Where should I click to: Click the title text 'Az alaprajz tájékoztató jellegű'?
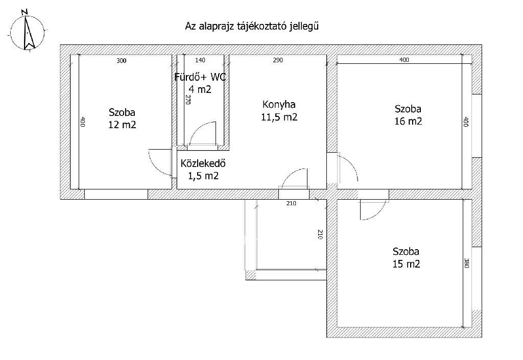pos(252,27)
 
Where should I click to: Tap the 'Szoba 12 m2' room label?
pos(122,118)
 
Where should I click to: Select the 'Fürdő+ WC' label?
pos(200,77)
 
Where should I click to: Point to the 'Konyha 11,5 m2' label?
pos(279,111)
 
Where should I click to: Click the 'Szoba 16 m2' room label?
pos(408,115)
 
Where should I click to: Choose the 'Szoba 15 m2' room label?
pos(406,258)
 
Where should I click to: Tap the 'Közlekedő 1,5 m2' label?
pos(203,170)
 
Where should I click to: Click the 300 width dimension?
pos(122,61)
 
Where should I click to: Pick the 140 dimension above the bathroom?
pos(200,60)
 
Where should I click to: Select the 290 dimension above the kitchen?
pos(278,60)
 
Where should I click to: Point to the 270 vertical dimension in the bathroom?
pos(187,100)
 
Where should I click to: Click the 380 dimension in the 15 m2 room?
pos(466,263)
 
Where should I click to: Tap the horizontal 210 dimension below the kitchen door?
pos(291,203)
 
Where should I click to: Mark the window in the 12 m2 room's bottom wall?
pos(116,195)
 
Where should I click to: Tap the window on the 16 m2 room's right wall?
pos(477,126)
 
